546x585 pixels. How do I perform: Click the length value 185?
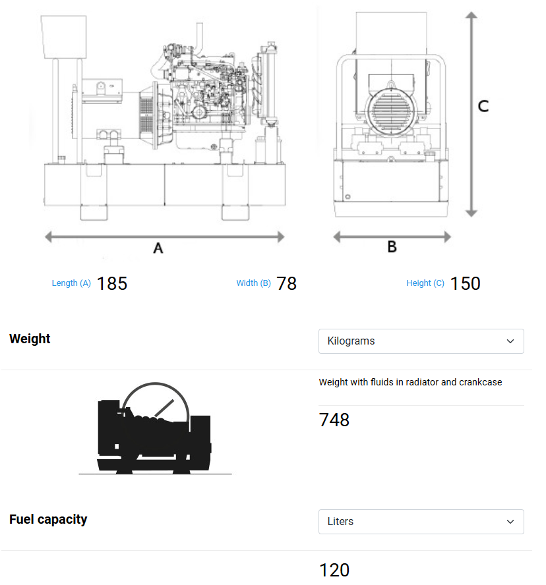click(111, 283)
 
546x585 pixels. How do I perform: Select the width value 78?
click(286, 283)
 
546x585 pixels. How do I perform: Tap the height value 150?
click(465, 283)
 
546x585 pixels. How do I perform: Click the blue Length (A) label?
click(71, 283)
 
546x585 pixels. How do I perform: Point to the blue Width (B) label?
click(253, 283)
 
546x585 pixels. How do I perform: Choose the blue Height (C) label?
click(425, 283)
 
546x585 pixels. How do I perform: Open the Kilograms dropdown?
click(421, 341)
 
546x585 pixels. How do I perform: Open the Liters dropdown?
click(421, 522)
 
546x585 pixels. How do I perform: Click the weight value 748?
click(334, 420)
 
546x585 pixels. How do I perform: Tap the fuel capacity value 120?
click(334, 570)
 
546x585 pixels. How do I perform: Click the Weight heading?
click(30, 339)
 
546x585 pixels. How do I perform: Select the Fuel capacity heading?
click(48, 519)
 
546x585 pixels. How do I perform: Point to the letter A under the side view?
click(158, 248)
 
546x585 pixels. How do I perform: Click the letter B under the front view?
click(392, 247)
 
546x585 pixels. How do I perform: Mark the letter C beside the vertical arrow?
click(483, 106)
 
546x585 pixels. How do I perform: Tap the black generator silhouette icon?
click(155, 432)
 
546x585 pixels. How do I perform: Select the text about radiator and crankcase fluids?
click(410, 382)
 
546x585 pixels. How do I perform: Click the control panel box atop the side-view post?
click(64, 36)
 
